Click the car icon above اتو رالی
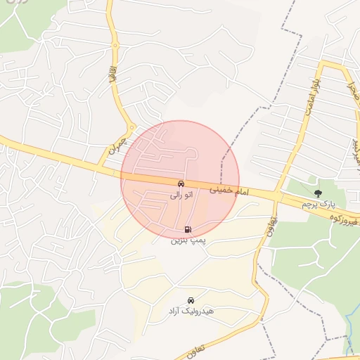pos(181,184)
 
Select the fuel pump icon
pos(188,229)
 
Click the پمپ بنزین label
pos(188,240)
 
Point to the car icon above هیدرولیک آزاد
pos(191,300)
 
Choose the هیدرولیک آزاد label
pos(191,310)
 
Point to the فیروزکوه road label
pos(342,221)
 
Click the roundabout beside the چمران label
pos(131,128)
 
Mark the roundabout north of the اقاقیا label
pos(115,47)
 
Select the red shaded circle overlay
pos(211,155)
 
